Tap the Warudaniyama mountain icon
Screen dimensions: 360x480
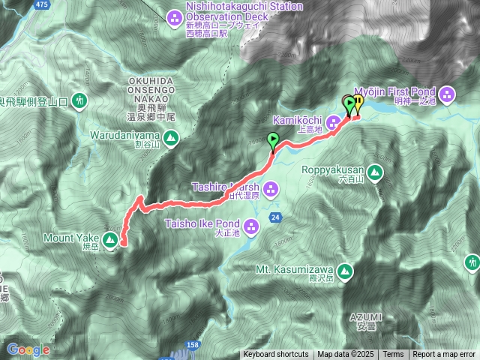click(x=171, y=137)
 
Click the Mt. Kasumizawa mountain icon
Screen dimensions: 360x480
click(x=345, y=270)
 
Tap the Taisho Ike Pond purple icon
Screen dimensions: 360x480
click(x=251, y=224)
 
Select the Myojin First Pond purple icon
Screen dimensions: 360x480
click(x=448, y=94)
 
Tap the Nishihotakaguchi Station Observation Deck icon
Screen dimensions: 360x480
click(x=174, y=15)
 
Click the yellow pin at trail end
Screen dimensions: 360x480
click(x=358, y=103)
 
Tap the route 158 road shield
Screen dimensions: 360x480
click(x=193, y=344)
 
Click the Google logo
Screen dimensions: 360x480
click(x=28, y=349)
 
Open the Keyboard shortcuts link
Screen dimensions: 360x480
click(x=275, y=355)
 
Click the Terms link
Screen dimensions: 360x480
click(x=393, y=355)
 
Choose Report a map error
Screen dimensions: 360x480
click(x=444, y=355)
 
